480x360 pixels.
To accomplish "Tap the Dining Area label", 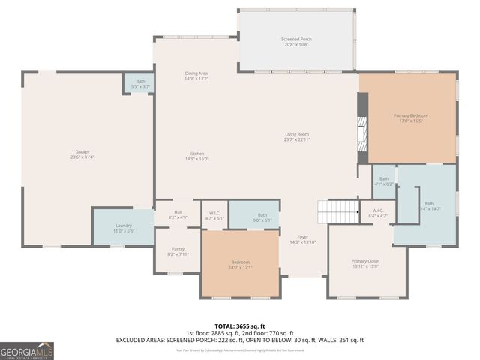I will (196, 76).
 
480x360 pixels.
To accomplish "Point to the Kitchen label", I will (197, 156).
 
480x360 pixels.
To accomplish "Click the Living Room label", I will (297, 137).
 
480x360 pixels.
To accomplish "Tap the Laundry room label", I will (124, 228).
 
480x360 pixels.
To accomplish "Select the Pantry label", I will (178, 251).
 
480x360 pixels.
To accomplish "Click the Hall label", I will (178, 214).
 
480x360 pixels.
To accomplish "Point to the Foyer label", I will (302, 238).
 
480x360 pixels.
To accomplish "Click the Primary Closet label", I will (366, 263).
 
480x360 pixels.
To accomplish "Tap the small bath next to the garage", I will (140, 83).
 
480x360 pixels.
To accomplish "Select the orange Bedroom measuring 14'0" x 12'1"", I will (241, 265).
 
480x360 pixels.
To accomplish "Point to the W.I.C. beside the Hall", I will (214, 215).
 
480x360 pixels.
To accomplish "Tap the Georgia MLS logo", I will (27, 350).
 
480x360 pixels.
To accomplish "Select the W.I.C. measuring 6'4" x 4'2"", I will (379, 213).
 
